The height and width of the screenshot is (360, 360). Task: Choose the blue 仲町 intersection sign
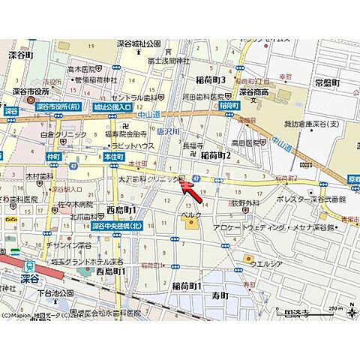point(52,156)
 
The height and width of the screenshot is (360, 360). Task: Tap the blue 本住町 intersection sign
point(113,156)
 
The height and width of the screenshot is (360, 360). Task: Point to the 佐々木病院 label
point(77,203)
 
